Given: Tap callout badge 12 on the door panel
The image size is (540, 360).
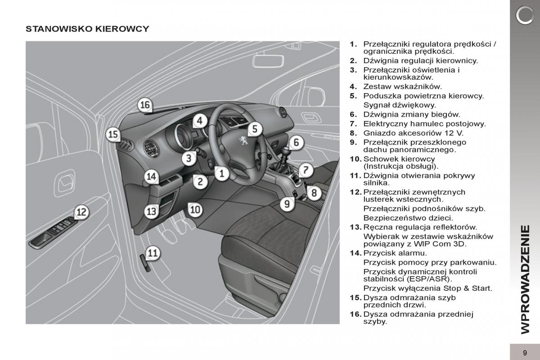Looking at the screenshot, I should (81, 212).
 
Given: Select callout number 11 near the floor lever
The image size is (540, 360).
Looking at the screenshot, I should (153, 253).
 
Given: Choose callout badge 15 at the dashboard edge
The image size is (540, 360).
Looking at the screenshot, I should (113, 134).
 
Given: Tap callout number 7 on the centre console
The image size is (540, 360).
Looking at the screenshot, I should (306, 170).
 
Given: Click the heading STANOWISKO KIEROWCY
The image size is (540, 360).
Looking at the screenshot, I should (87, 29).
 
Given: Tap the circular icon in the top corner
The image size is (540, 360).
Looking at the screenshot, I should (524, 16).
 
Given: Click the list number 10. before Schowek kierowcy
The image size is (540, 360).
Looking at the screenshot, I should (355, 159).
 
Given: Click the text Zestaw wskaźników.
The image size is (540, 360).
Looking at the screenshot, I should (396, 86).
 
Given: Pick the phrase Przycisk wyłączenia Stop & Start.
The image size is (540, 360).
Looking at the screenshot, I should (427, 288).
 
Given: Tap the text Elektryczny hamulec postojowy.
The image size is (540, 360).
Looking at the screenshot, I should (424, 124).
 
